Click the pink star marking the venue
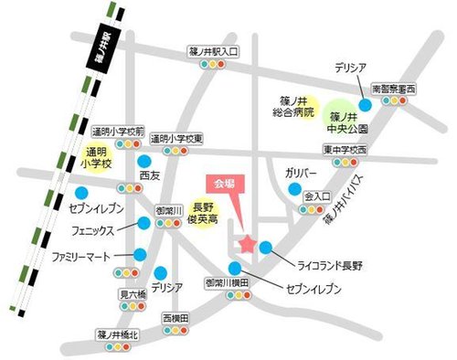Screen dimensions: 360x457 pos(248,243)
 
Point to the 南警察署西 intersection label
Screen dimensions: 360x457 pos(393,89)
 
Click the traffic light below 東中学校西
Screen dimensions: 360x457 pos(344,162)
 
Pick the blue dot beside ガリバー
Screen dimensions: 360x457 pos(293,189)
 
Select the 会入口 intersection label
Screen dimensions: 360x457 pos(316,196)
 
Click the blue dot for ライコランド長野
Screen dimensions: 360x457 pos(265,247)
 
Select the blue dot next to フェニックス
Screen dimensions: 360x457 pos(144,222)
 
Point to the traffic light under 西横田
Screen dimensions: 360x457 pos(175,330)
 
